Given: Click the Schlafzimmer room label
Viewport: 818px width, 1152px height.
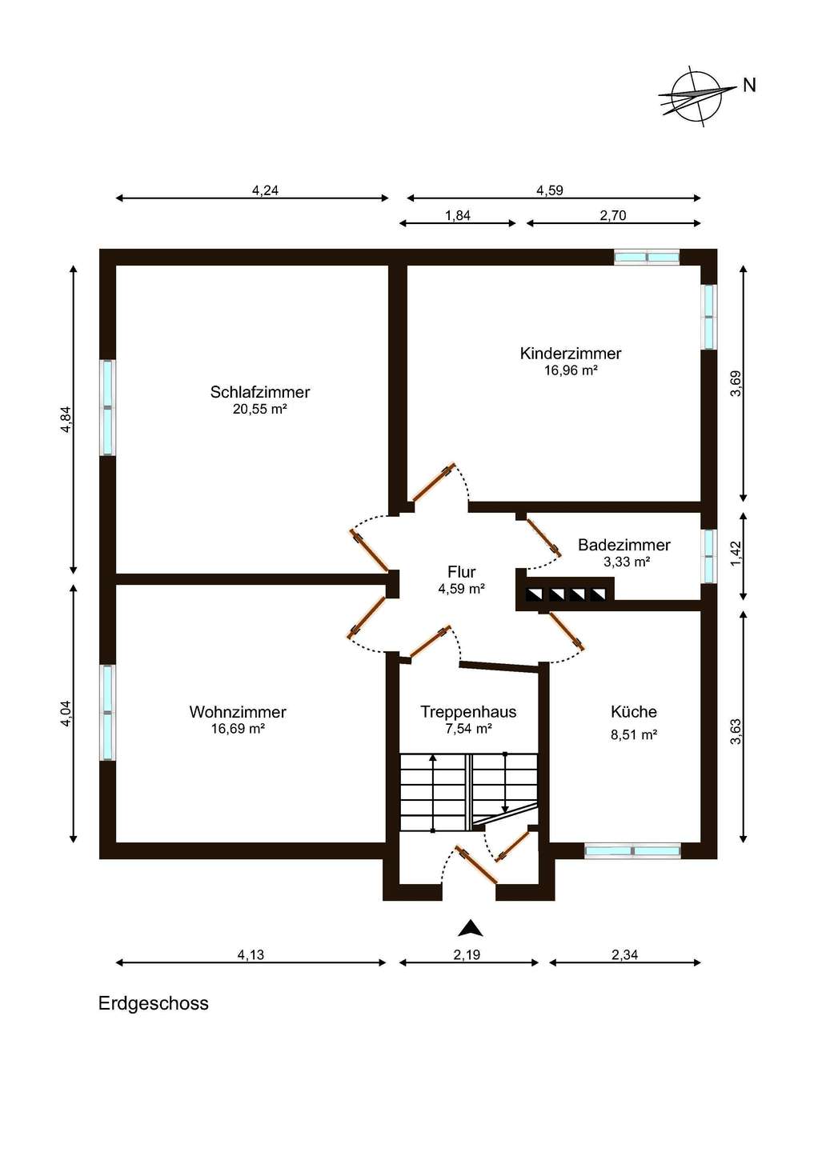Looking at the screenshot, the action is (x=260, y=392).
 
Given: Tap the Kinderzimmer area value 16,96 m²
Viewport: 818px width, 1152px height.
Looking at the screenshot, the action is (x=571, y=370).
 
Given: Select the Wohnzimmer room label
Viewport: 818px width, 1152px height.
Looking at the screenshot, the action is (x=238, y=712).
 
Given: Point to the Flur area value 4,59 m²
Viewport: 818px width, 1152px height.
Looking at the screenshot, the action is (x=462, y=589).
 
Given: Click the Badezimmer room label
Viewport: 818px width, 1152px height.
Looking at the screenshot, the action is (x=624, y=545).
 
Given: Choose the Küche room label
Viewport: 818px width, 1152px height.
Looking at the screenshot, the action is (x=634, y=712).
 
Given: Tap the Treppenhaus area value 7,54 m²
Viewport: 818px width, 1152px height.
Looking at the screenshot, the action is (x=468, y=729).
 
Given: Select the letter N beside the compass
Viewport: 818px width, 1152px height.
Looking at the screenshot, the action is (x=750, y=85).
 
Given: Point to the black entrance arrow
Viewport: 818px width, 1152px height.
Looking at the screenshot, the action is (x=470, y=928).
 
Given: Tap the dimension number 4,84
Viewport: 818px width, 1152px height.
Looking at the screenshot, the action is (x=66, y=420).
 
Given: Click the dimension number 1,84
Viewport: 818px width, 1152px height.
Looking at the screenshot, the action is (x=457, y=215).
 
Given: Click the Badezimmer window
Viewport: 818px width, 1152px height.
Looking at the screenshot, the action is (x=709, y=556).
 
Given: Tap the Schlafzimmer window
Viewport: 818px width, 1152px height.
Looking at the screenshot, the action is (x=107, y=407).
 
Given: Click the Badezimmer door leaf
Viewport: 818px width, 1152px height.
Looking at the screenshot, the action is (x=542, y=536).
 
